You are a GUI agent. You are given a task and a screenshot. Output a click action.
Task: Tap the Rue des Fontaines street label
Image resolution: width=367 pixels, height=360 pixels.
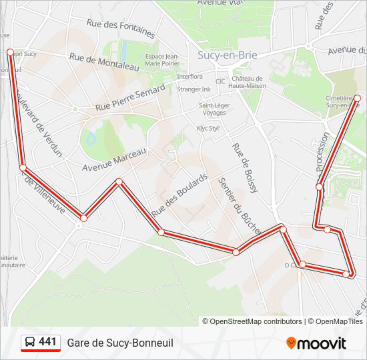(x=121, y=28)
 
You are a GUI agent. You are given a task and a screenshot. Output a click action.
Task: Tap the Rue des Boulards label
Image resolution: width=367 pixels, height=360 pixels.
(x=179, y=195)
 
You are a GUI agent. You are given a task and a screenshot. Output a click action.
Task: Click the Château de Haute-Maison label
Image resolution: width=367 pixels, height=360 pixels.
(x=247, y=82)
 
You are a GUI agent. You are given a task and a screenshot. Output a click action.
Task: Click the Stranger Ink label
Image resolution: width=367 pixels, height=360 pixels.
(x=194, y=89)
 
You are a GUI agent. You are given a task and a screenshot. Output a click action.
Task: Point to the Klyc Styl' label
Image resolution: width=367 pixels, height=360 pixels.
(x=208, y=128)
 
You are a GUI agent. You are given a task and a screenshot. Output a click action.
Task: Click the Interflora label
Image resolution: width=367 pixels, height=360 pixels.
(x=190, y=76)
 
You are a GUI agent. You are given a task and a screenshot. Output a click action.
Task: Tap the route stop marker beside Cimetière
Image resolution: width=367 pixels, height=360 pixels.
(x=357, y=98)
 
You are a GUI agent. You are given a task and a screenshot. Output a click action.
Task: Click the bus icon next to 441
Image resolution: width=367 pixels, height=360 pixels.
(x=30, y=343)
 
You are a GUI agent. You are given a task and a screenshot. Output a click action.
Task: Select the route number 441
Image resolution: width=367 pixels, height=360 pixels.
(x=48, y=342)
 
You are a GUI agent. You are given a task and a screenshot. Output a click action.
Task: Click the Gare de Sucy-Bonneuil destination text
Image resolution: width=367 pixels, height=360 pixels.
(x=120, y=343)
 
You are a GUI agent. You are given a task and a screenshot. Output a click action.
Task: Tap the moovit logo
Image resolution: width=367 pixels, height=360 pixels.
(x=316, y=343)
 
